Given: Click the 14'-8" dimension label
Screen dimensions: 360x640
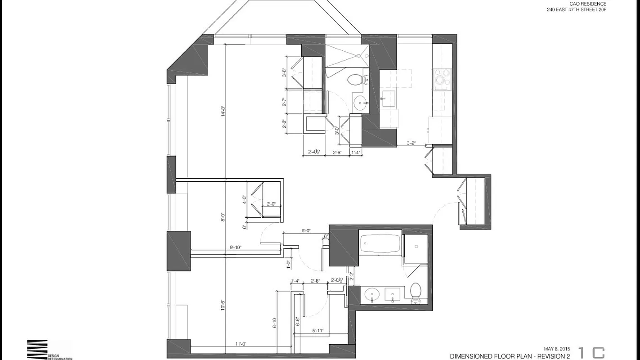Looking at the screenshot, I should click(x=222, y=111).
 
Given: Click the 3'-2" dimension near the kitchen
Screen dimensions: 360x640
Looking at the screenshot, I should click(x=411, y=143).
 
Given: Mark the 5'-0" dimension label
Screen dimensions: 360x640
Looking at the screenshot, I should click(x=306, y=231).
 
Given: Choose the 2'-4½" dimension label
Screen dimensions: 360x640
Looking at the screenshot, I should click(x=314, y=152).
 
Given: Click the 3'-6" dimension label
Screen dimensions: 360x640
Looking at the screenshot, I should click(x=284, y=72).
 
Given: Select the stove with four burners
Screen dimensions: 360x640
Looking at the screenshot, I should click(x=442, y=79).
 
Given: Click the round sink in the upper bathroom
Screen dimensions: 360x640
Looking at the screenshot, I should click(x=360, y=103).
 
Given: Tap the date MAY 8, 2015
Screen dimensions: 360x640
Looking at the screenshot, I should click(x=557, y=349).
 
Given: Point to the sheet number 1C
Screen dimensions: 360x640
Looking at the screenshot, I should click(x=591, y=353).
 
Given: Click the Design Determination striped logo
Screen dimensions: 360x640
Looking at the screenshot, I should click(x=37, y=349).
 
